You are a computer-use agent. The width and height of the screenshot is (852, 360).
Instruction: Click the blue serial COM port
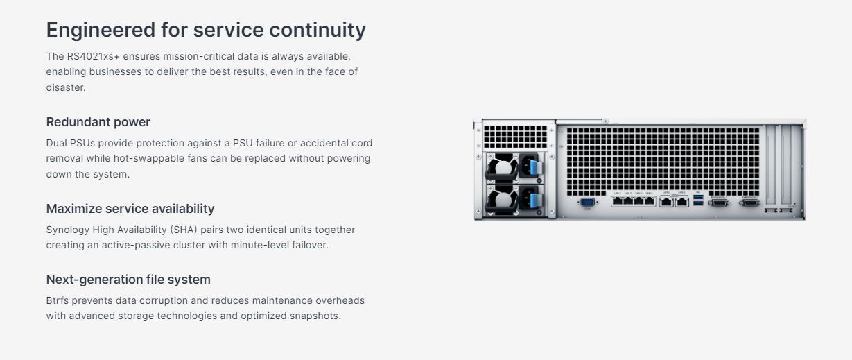[x=587, y=202]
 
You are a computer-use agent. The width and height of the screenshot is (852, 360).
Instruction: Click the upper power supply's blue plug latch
[x=534, y=167]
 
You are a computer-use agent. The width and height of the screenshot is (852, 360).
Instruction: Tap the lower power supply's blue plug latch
[x=534, y=200]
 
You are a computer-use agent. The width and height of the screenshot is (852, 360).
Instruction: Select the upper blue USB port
[x=698, y=198]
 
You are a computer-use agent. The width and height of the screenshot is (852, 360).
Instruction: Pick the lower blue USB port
[x=698, y=203]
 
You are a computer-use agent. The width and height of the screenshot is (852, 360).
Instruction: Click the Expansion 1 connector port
[x=718, y=203]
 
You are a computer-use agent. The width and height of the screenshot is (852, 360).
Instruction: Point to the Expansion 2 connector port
[x=749, y=203]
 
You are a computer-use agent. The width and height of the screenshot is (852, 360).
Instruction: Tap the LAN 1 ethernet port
[x=617, y=201]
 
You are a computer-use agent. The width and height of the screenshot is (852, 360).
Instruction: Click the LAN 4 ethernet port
[x=650, y=201]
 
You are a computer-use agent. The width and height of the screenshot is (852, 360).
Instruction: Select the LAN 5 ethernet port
[x=666, y=202]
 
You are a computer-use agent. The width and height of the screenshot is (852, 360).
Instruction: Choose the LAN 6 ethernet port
[x=682, y=202]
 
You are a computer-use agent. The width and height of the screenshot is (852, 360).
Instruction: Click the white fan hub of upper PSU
[x=503, y=168]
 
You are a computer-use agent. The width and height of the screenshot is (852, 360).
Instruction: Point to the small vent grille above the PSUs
[x=515, y=137]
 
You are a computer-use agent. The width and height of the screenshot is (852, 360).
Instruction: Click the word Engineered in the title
[x=101, y=31]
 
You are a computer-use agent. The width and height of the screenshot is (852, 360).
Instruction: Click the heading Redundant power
[x=98, y=122]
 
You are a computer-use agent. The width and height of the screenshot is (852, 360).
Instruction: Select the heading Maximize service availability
[x=130, y=209]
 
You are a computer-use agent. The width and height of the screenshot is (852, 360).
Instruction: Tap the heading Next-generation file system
[x=128, y=280]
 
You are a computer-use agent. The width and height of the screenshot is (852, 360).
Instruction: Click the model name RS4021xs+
[x=93, y=56]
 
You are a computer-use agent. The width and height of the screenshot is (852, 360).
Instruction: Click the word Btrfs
[x=58, y=300]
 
